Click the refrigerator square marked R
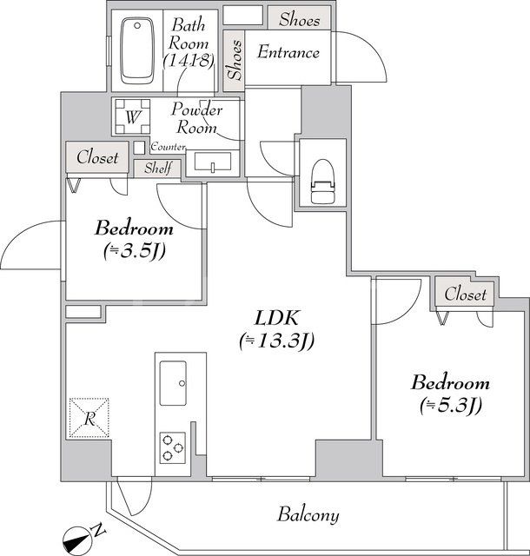coord(89,418)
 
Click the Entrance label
coord(288,53)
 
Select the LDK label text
coord(275,316)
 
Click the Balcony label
coord(308,514)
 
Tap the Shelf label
coord(157,169)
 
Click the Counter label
coord(167,148)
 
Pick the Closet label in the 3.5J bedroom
coord(97,158)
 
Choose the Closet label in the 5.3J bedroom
coord(465,295)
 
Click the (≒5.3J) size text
coord(450,404)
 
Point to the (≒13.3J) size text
coord(275,341)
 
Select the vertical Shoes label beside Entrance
coord(233,58)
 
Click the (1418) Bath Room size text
coord(188,60)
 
